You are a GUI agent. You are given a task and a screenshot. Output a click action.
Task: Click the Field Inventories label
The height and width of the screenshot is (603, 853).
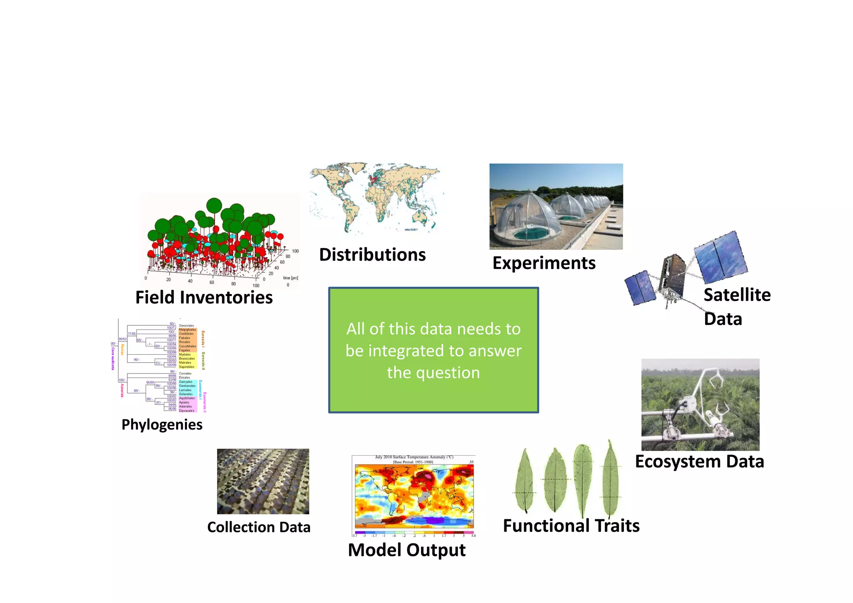tap(204, 297)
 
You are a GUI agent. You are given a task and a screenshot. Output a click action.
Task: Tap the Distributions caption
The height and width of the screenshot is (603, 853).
tap(372, 254)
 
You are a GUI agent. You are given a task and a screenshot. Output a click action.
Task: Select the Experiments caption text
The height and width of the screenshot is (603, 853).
tap(544, 263)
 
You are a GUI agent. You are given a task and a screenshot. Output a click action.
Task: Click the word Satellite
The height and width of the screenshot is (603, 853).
tap(737, 295)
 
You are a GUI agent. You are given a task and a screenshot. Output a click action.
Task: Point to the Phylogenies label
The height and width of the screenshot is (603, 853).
tap(162, 424)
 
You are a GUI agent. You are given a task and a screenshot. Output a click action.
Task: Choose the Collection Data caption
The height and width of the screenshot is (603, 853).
tap(259, 527)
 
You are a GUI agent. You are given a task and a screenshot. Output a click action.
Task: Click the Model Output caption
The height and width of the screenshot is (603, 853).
tap(407, 550)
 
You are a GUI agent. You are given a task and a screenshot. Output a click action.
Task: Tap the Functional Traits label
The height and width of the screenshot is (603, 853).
tap(571, 526)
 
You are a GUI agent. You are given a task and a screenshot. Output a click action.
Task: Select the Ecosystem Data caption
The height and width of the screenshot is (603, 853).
tap(699, 461)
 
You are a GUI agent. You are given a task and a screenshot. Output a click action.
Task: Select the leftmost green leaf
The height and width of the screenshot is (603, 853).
tap(524, 481)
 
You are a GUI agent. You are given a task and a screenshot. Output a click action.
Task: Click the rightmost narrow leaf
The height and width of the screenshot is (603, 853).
tap(611, 479)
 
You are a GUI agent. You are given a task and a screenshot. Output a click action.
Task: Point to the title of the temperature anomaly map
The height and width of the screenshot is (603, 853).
tap(414, 457)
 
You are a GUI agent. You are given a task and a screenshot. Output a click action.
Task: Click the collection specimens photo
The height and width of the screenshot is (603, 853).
tap(263, 481)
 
